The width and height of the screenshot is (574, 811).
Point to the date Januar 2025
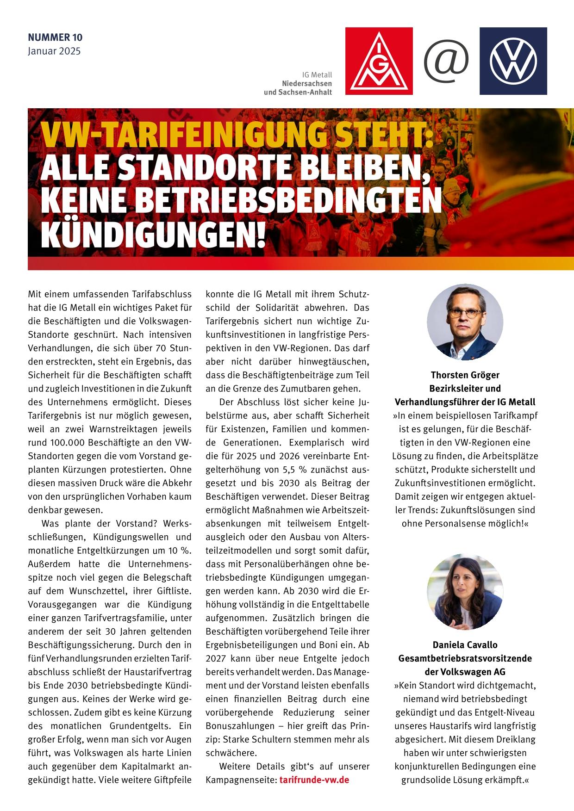[x=54, y=51]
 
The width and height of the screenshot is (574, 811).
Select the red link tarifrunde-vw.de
[x=314, y=779]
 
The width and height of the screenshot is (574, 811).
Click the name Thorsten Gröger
[x=465, y=375]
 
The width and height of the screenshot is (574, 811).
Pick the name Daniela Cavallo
[x=465, y=644]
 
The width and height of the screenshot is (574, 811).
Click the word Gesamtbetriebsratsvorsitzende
[x=465, y=658]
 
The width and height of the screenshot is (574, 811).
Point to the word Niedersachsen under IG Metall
[x=307, y=83]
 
